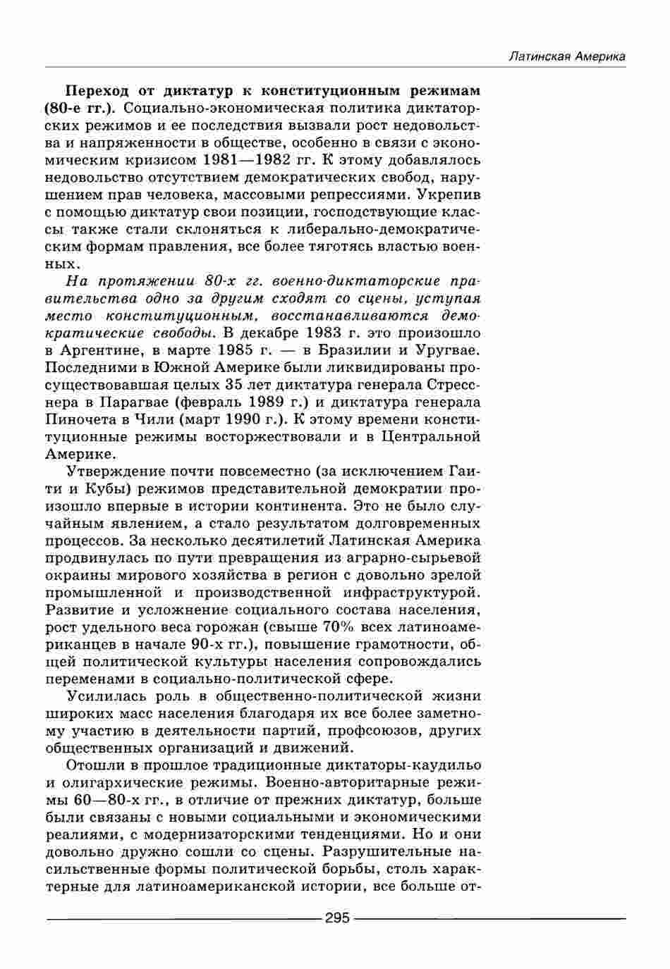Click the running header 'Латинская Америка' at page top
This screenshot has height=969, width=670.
(x=567, y=57)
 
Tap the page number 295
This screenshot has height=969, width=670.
(x=337, y=918)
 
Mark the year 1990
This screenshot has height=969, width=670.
(x=234, y=420)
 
